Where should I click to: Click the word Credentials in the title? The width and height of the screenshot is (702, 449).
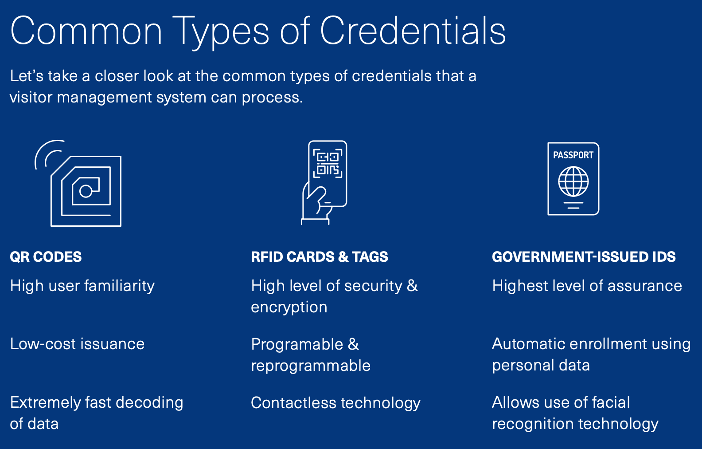413,31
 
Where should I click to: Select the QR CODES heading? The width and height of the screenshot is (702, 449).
46,257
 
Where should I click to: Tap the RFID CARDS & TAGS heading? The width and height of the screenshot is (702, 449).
319,257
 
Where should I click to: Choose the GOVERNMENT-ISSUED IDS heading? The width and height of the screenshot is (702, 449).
583,257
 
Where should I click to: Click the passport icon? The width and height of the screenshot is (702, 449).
573,179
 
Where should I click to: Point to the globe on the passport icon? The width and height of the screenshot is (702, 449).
573,181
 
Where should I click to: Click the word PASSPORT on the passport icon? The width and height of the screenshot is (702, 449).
573,155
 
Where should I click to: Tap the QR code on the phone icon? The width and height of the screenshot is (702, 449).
328,163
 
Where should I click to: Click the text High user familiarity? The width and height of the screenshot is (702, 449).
82,286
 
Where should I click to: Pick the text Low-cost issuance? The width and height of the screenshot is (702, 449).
77,344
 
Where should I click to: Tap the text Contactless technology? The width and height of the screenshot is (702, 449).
335,403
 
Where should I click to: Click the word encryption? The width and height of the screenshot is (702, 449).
289,307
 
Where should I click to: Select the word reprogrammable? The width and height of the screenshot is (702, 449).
310,366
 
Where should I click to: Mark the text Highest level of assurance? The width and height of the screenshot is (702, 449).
587,286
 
